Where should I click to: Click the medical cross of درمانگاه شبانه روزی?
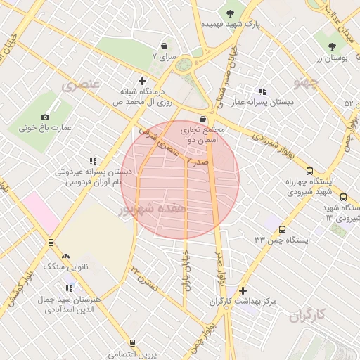(143, 81)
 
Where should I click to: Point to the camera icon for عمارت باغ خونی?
(46, 117)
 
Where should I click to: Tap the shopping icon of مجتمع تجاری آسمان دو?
(203, 118)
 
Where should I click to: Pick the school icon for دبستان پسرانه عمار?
(262, 91)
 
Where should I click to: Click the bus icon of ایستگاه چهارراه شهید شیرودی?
(309, 171)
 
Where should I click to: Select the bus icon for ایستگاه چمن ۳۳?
(282, 229)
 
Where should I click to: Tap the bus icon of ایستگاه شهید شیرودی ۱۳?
(343, 198)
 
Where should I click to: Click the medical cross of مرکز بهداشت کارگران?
(243, 290)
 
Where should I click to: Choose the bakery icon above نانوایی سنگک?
(65, 257)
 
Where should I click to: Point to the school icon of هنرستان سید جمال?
(69, 288)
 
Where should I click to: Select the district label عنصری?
(81, 86)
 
